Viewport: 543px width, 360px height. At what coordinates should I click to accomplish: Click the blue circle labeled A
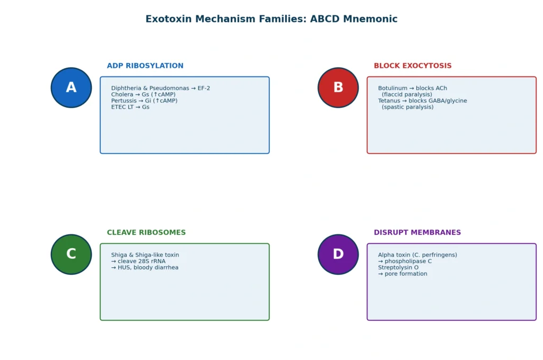72,87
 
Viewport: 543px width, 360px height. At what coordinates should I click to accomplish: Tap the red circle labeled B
338,87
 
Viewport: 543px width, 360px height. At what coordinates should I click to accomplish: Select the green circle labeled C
72,254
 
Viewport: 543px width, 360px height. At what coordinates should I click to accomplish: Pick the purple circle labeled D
338,254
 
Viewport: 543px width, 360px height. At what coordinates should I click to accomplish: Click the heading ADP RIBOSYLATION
145,66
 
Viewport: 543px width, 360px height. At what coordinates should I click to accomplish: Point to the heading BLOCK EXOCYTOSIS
413,66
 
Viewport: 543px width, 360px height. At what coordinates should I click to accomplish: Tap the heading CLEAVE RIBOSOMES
146,232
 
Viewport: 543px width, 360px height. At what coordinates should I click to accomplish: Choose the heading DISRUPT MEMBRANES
417,232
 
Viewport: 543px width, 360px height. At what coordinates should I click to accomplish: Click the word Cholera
122,94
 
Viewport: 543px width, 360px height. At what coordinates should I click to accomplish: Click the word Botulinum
393,88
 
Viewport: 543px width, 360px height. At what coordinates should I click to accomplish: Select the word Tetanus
389,101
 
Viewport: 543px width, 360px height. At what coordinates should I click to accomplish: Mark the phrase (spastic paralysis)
408,107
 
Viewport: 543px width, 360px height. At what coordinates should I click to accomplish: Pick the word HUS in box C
124,267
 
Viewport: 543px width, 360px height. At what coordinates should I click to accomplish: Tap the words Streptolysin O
398,267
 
